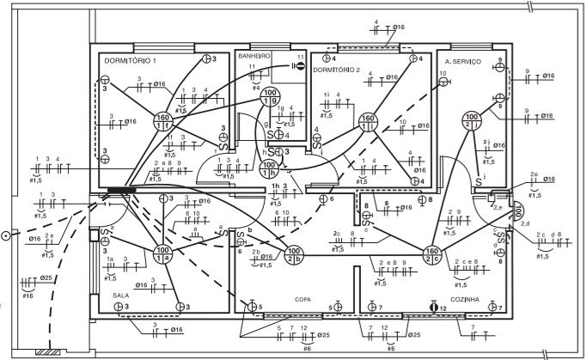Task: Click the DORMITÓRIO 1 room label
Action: [130, 62]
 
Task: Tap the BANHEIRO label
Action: [254, 55]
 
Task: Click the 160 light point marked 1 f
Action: [162, 121]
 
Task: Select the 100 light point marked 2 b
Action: [292, 255]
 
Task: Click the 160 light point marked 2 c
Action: [433, 254]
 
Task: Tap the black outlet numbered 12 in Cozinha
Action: [434, 306]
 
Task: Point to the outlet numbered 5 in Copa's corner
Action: [252, 306]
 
